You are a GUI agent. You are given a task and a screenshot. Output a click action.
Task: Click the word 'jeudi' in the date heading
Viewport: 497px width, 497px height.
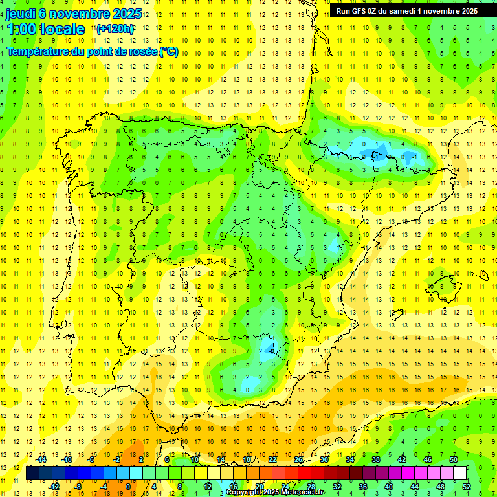pyautogui.click(x=25, y=14)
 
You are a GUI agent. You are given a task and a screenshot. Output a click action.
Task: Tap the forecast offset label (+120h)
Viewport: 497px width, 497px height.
pyautogui.click(x=115, y=28)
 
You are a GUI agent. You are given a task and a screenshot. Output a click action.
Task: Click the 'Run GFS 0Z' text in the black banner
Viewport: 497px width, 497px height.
pyautogui.click(x=357, y=11)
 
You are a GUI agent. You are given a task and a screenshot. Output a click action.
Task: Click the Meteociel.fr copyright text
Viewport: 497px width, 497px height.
pyautogui.click(x=275, y=492)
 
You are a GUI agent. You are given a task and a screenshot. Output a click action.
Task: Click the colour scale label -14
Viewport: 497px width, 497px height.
pyautogui.click(x=41, y=459)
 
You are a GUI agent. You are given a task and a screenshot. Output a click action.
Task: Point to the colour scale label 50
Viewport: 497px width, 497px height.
pyautogui.click(x=454, y=459)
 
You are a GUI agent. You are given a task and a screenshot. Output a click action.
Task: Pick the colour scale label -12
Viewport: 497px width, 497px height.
pyautogui.click(x=54, y=487)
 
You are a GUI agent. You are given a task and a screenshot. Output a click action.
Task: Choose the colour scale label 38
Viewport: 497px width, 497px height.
pyautogui.click(x=376, y=459)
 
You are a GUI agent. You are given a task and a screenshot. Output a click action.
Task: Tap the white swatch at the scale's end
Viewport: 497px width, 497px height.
pyautogui.click(x=460, y=473)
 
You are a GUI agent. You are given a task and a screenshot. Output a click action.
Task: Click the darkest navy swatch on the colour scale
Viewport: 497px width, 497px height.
pyautogui.click(x=32, y=473)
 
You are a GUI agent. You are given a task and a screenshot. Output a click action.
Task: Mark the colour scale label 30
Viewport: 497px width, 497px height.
pyautogui.click(x=324, y=459)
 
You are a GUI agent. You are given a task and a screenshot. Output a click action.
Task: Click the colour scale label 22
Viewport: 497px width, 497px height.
pyautogui.click(x=272, y=459)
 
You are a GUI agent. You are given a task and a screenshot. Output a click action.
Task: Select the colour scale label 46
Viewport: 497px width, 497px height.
pyautogui.click(x=428, y=459)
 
